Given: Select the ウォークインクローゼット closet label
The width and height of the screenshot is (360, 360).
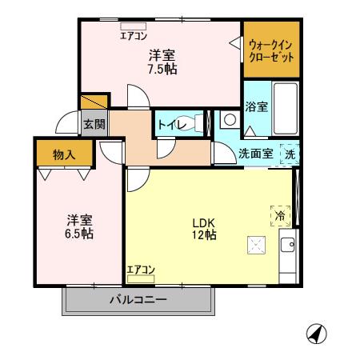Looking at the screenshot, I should (x=270, y=52).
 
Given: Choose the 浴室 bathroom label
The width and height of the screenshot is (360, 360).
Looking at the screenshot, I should (x=256, y=106).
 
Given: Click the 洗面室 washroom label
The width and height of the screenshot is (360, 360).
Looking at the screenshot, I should (x=256, y=154).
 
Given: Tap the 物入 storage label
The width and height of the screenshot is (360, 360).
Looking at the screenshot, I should (x=64, y=154).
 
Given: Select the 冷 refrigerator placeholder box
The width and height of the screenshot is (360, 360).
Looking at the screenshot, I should (x=282, y=214).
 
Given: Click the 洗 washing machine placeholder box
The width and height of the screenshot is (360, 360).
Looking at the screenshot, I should (x=290, y=154).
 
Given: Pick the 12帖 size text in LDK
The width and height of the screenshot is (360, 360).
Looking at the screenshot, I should (x=204, y=235).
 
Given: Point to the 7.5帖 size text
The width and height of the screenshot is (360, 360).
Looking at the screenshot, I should (x=162, y=69).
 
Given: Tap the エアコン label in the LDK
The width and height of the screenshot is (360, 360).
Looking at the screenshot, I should (x=141, y=270).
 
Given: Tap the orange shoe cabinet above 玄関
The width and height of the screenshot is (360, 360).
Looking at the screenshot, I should (x=94, y=102).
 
